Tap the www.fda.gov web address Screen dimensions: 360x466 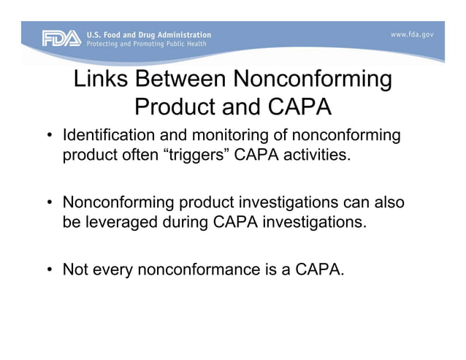click(412, 34)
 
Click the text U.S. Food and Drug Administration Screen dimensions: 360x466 click(149, 34)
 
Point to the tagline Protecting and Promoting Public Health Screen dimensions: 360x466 click(147, 44)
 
